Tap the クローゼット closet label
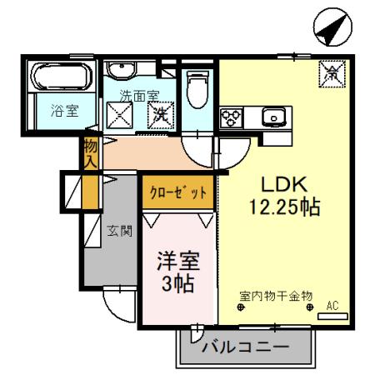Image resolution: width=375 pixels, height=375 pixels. point(178,192)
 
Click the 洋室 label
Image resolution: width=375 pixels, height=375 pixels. point(177,260)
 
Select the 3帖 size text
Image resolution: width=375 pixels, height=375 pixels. point(177,282)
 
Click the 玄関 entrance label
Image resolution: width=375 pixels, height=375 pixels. point(120,232)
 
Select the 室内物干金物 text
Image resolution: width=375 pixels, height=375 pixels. point(275,295)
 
